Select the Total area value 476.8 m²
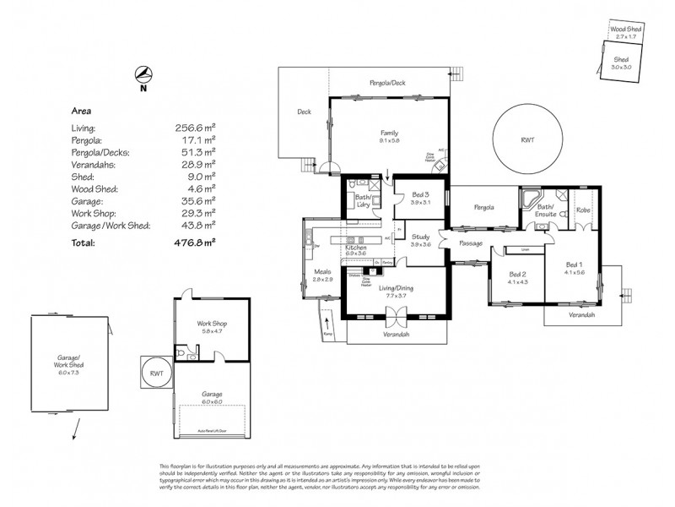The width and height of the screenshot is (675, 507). point(195,243)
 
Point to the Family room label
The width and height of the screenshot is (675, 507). point(389,134)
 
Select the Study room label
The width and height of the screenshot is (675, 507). point(420,237)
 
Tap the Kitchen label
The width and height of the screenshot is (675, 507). point(354,247)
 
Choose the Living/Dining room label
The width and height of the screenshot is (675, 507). point(397,288)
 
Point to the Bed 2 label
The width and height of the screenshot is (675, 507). point(517,274)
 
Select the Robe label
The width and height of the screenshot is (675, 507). point(583,209)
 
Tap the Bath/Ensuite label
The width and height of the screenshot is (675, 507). point(544,210)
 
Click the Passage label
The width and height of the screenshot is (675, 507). point(471,243)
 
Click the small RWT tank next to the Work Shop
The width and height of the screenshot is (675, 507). point(157,373)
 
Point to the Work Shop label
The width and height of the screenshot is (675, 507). point(211,324)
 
